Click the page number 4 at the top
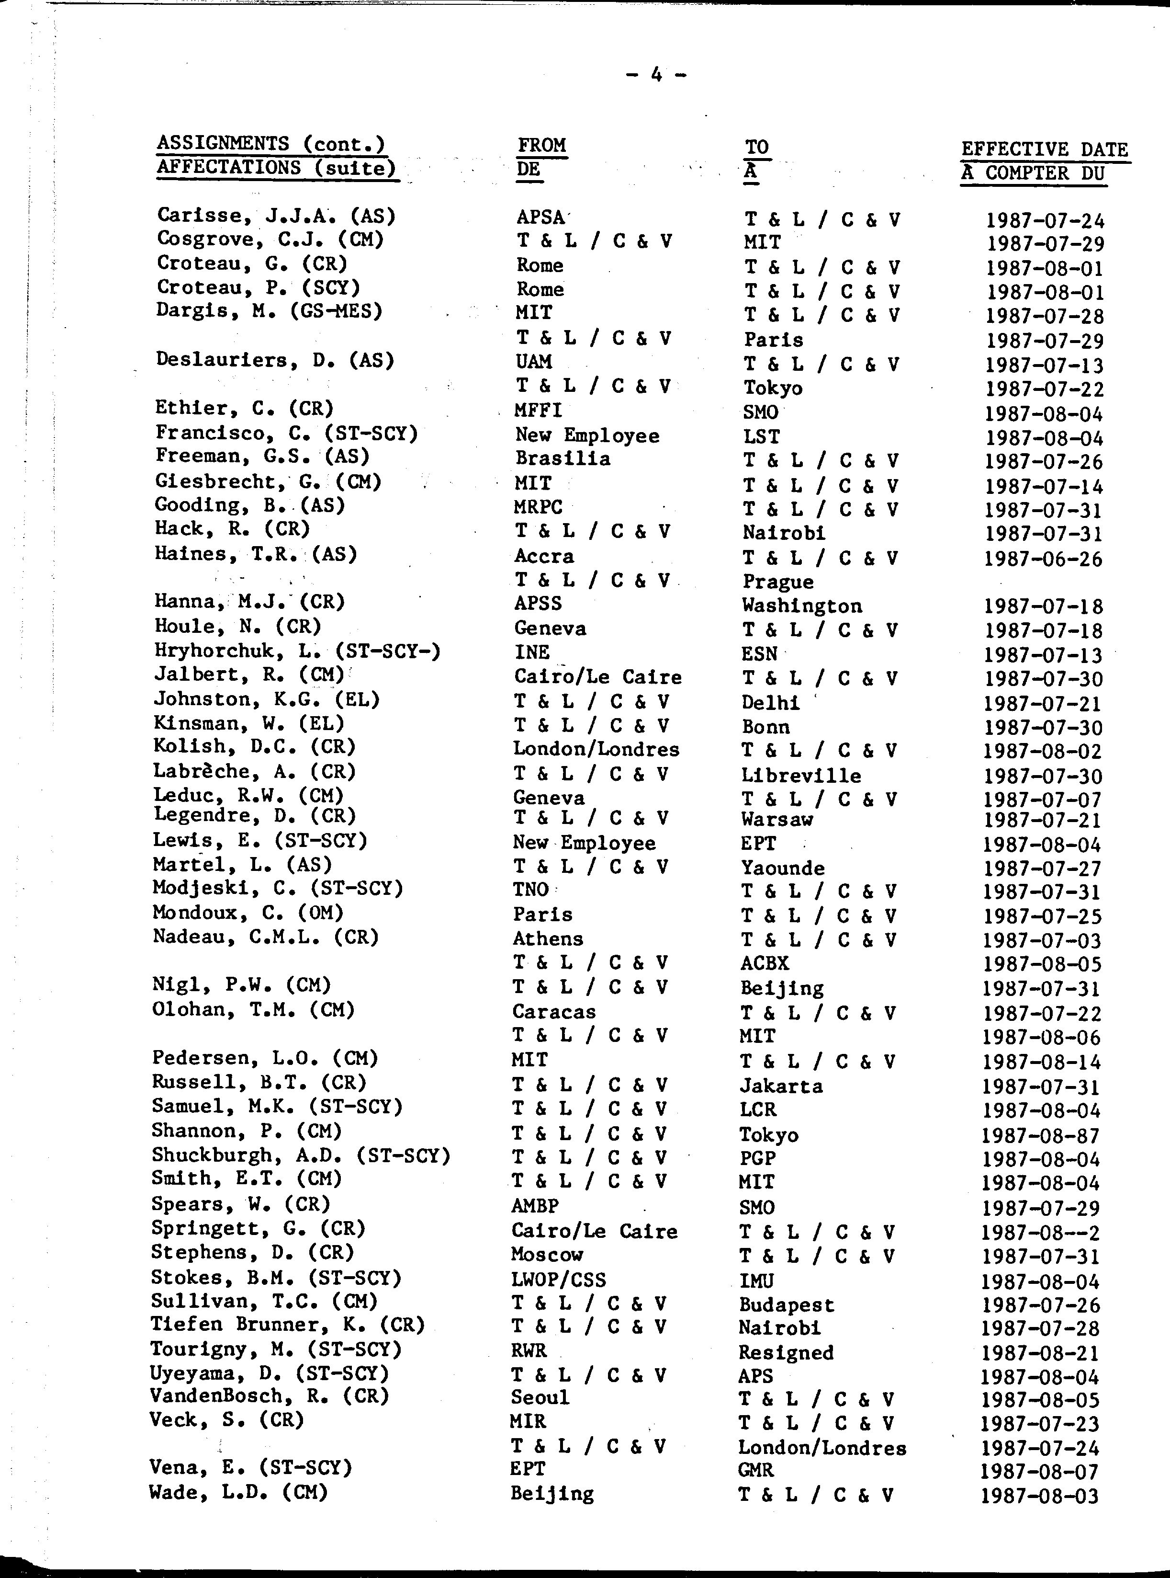pyautogui.click(x=656, y=74)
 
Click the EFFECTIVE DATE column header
pyautogui.click(x=1044, y=149)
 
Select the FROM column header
pyautogui.click(x=542, y=145)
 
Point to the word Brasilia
pyautogui.click(x=562, y=458)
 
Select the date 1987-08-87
pyautogui.click(x=1040, y=1136)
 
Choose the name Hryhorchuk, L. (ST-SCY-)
pyautogui.click(x=297, y=651)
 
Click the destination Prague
pyautogui.click(x=777, y=582)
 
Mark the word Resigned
pyautogui.click(x=786, y=1352)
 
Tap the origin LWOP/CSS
pyautogui.click(x=558, y=1280)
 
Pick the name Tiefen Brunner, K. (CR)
pyautogui.click(x=287, y=1324)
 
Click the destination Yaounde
pyautogui.click(x=783, y=868)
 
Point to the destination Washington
pyautogui.click(x=802, y=606)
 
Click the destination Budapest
pyautogui.click(x=786, y=1304)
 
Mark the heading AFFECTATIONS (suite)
pyautogui.click(x=275, y=169)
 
